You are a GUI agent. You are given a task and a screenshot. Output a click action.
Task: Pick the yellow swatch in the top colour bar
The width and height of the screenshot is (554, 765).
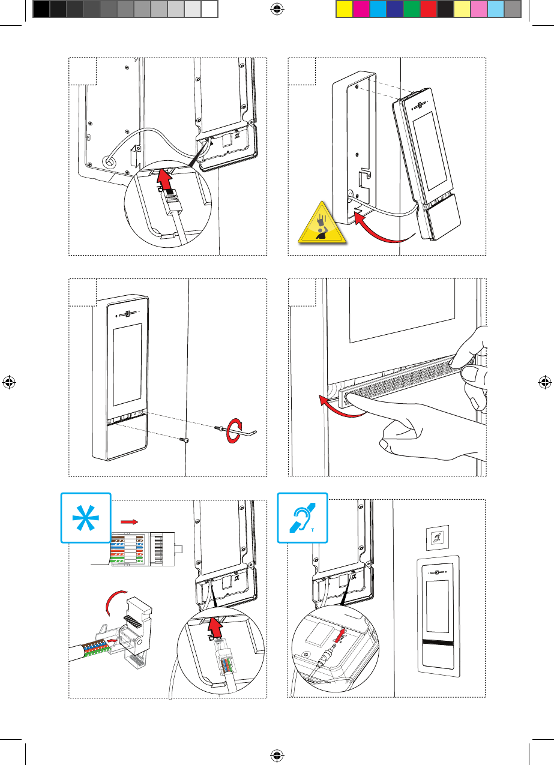click(x=343, y=9)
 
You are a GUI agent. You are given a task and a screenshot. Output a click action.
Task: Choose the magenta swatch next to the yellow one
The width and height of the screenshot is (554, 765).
click(x=361, y=9)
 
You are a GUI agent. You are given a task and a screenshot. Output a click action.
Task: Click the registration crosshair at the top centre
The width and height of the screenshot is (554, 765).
click(x=276, y=9)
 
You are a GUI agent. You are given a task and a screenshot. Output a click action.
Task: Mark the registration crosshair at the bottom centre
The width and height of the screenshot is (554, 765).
click(x=276, y=755)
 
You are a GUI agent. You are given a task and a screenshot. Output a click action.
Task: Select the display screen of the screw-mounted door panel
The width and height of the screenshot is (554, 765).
click(x=127, y=365)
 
